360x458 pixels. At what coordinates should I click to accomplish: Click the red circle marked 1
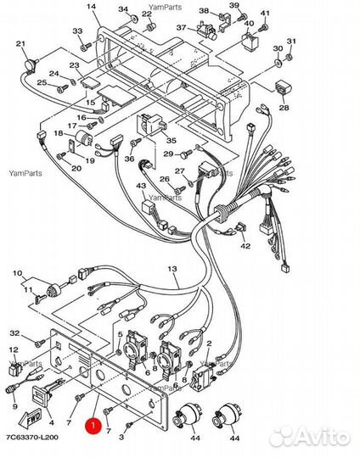[x=93, y=425]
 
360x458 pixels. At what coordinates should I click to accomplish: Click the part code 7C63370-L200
[x=32, y=438]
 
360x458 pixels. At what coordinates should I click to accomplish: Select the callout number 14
[x=92, y=7]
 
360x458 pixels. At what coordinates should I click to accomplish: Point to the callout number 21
[x=20, y=44]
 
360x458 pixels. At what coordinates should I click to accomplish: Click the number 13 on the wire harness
[x=172, y=268]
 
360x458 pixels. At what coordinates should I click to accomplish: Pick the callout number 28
[x=284, y=108]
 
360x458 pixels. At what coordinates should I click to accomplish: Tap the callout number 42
[x=245, y=246]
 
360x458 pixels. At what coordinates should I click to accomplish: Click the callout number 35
[x=172, y=141]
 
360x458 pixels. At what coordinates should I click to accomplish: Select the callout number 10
[x=18, y=273]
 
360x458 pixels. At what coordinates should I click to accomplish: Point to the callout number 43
[x=141, y=186]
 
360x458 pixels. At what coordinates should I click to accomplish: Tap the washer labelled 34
[x=134, y=19]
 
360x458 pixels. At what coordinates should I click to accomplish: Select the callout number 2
[x=209, y=343]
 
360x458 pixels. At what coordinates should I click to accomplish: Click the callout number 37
[x=182, y=27]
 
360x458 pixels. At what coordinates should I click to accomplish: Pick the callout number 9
[x=14, y=406]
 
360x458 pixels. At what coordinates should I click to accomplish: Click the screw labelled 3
[x=129, y=424]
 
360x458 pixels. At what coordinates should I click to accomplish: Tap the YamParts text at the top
[x=166, y=7]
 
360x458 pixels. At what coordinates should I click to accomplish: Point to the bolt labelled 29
[x=187, y=154]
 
